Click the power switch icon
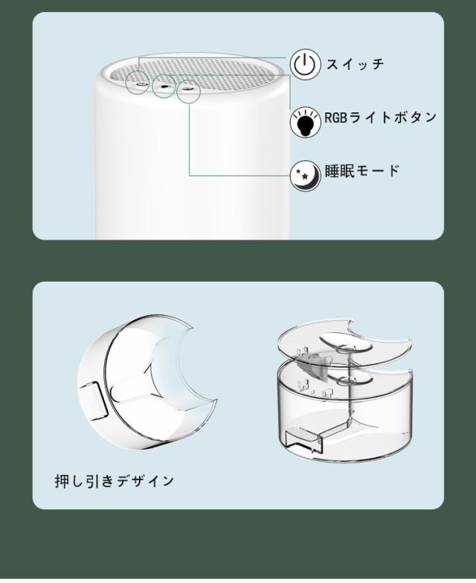pyautogui.click(x=304, y=66)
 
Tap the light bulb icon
pyautogui.click(x=305, y=122)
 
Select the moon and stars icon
pyautogui.click(x=305, y=176)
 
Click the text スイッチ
pyautogui.click(x=355, y=64)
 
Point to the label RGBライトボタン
pyautogui.click(x=381, y=118)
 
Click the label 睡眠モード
pyautogui.click(x=362, y=171)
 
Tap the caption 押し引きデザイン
pyautogui.click(x=115, y=481)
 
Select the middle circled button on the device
pyautogui.click(x=164, y=86)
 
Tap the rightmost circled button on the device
pyautogui.click(x=189, y=92)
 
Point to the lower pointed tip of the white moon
pyautogui.click(x=216, y=401)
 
